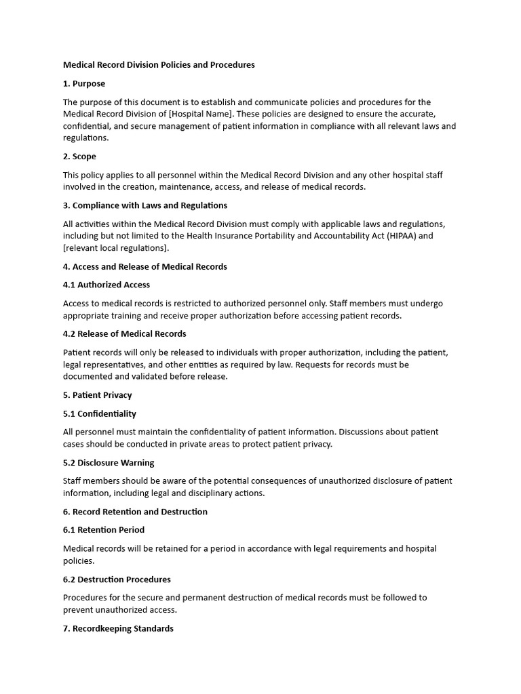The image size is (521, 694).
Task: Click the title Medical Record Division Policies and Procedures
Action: pyautogui.click(x=159, y=65)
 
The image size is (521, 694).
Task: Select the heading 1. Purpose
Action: pyautogui.click(x=84, y=83)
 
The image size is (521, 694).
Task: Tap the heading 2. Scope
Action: pyautogui.click(x=79, y=157)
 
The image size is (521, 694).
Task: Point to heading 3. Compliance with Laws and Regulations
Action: pyautogui.click(x=145, y=205)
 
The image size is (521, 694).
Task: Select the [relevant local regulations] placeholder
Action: pyautogui.click(x=116, y=248)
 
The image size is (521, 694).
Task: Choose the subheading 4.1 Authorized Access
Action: pyautogui.click(x=107, y=285)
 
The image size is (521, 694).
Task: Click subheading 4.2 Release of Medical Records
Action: pyautogui.click(x=125, y=333)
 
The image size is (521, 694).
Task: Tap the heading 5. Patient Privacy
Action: pyautogui.click(x=98, y=395)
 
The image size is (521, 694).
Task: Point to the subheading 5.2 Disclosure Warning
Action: pyautogui.click(x=109, y=463)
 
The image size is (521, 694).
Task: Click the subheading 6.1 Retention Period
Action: pyautogui.click(x=104, y=530)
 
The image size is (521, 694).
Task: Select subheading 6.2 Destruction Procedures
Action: pyautogui.click(x=117, y=579)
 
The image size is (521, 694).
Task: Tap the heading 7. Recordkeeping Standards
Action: pyautogui.click(x=118, y=628)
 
